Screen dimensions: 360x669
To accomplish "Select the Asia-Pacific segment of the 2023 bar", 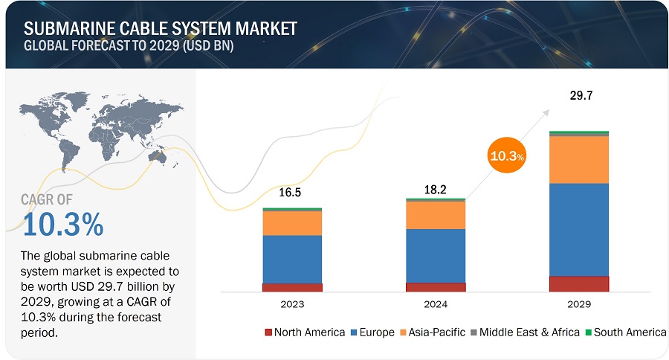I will tap(292, 222).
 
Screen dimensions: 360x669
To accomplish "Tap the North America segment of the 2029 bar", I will tap(578, 283).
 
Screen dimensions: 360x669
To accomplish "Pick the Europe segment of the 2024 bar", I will tap(436, 255).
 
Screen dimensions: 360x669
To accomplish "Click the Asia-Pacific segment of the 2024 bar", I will tap(436, 215).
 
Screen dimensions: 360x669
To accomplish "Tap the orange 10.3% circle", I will tap(507, 156).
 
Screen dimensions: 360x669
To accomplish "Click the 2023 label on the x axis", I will tap(292, 304).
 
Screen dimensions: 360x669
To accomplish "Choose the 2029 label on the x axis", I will tap(578, 304).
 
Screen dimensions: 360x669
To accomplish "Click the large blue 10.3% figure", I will tap(63, 223).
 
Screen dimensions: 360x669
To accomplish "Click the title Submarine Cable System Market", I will tap(161, 28).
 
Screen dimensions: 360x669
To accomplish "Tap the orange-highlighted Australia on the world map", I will tap(158, 157).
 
